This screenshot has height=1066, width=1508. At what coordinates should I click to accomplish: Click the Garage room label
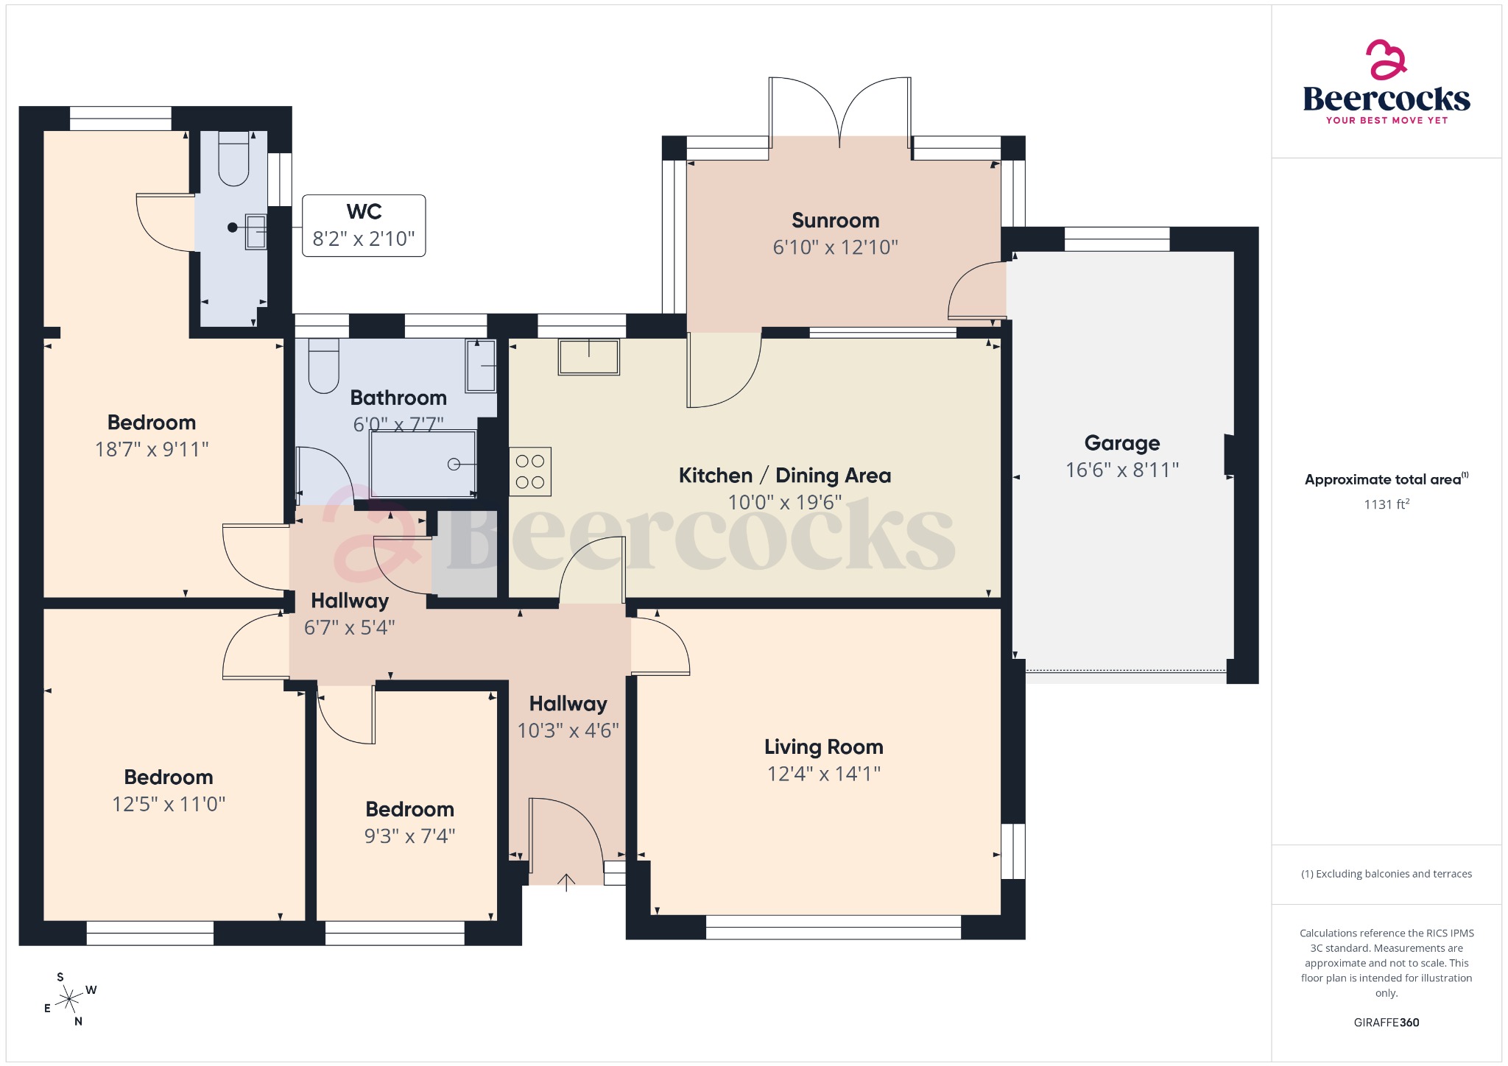click(1121, 443)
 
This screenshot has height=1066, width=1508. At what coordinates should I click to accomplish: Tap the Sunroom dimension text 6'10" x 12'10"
click(835, 247)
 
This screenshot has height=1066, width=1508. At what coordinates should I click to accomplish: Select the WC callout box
click(364, 225)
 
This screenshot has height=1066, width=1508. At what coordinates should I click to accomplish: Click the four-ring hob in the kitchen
click(530, 471)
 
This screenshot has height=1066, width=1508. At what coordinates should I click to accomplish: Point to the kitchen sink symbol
click(588, 356)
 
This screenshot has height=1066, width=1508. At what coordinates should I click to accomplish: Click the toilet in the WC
click(233, 159)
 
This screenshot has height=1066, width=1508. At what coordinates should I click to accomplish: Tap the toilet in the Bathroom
click(323, 365)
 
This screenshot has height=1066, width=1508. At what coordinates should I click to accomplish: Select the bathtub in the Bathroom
click(423, 464)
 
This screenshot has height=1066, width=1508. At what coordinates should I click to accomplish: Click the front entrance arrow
click(565, 881)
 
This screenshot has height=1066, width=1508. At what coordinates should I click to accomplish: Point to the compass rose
click(70, 999)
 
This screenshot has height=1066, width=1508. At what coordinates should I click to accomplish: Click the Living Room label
click(823, 747)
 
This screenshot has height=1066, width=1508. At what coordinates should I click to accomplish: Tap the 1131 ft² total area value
click(1386, 504)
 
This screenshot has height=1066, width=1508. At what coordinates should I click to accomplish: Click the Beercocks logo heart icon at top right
click(1386, 60)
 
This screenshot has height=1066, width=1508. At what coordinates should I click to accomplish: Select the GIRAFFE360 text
click(1386, 1023)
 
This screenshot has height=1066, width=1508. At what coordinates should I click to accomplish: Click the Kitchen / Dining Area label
click(784, 476)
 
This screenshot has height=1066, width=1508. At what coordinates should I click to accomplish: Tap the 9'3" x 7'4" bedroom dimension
click(409, 836)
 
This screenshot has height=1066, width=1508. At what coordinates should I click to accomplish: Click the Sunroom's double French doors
click(839, 110)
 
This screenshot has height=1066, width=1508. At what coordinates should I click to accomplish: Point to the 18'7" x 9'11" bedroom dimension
click(152, 450)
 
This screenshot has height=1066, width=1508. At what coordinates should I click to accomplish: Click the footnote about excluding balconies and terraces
click(1386, 874)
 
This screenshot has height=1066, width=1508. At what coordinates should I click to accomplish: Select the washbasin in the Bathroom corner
click(480, 366)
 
